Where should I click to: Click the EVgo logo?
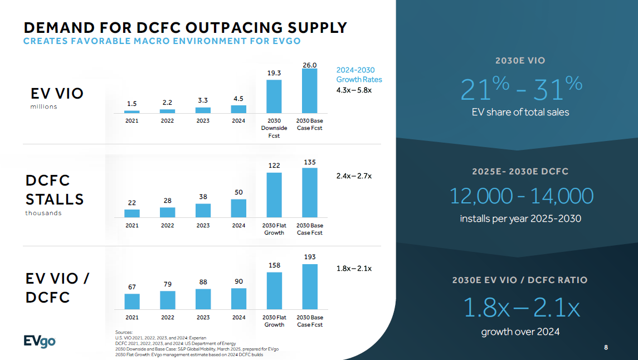tap(39, 340)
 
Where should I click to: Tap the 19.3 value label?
tap(274, 73)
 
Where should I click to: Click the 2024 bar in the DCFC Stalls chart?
tap(238, 208)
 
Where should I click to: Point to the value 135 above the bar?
tap(310, 162)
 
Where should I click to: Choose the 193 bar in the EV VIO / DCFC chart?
tap(310, 286)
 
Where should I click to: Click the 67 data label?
tap(132, 287)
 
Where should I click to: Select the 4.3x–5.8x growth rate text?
tap(354, 90)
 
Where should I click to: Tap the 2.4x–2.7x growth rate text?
tap(354, 176)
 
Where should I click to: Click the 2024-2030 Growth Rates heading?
tap(359, 75)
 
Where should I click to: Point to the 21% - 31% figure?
tap(520, 89)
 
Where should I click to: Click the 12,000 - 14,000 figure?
tap(520, 196)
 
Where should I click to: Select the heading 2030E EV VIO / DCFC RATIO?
tap(520, 280)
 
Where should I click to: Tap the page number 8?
tap(606, 348)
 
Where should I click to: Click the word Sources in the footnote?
tap(124, 332)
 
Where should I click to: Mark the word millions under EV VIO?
tap(43, 106)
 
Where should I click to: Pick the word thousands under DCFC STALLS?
tap(43, 213)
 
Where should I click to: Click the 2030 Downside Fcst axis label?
tap(274, 128)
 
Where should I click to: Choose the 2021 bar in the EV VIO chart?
tap(132, 111)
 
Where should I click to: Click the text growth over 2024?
tap(520, 332)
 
